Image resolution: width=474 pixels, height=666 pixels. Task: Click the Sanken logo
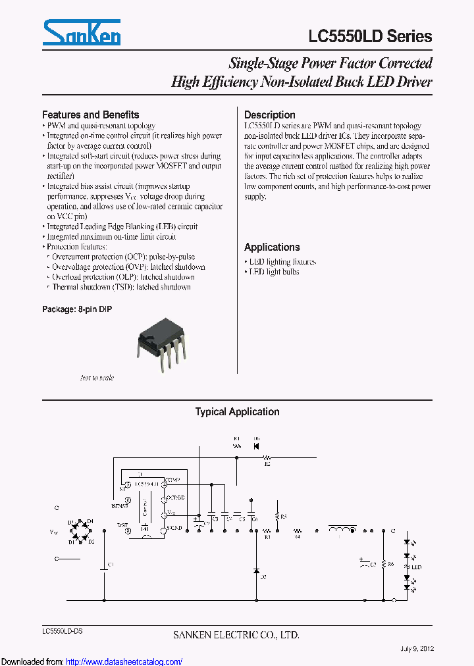pyautogui.click(x=81, y=33)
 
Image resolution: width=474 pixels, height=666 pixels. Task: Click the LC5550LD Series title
pyautogui.click(x=370, y=36)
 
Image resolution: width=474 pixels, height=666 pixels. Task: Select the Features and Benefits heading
pyautogui.click(x=90, y=115)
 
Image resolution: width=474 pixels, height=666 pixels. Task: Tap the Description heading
pyautogui.click(x=269, y=115)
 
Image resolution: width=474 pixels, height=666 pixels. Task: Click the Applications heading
pyautogui.click(x=272, y=247)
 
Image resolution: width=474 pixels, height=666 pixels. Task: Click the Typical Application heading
pyautogui.click(x=237, y=412)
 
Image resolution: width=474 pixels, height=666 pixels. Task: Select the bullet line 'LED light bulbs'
pyautogui.click(x=273, y=272)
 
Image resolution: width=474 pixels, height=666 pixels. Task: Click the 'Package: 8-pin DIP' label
pyautogui.click(x=77, y=309)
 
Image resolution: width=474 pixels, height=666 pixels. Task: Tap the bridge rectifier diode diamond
pyautogui.click(x=81, y=530)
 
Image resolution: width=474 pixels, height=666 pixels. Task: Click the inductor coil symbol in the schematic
pyautogui.click(x=341, y=529)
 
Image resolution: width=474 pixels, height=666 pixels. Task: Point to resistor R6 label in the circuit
pyautogui.click(x=390, y=564)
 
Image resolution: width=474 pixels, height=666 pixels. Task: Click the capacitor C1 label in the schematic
pyautogui.click(x=111, y=565)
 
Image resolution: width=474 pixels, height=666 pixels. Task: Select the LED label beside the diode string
pyautogui.click(x=416, y=567)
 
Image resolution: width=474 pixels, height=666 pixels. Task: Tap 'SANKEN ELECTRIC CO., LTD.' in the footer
pyautogui.click(x=236, y=635)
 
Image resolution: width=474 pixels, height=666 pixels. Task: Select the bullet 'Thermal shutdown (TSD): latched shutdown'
pyautogui.click(x=121, y=287)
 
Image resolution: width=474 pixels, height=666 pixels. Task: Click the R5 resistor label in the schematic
pyautogui.click(x=283, y=517)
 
